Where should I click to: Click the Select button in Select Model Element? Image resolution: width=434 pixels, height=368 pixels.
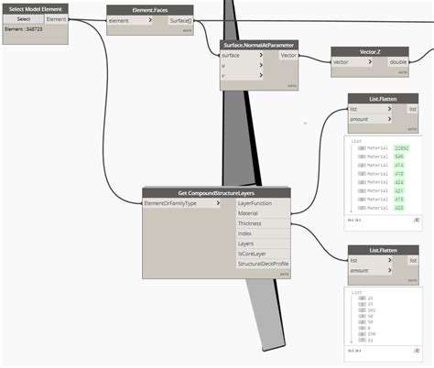click(24, 18)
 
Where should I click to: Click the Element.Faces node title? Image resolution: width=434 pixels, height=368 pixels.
click(149, 8)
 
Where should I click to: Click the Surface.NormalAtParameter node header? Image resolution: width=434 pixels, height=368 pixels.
click(259, 45)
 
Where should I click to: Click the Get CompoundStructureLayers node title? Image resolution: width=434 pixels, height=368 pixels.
click(216, 193)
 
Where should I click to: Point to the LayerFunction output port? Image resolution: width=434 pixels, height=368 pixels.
click(262, 203)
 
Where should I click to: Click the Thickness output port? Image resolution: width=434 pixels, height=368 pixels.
click(262, 223)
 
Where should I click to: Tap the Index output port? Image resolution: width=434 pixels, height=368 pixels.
click(262, 233)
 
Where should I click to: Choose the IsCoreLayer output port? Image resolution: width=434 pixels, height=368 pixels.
click(262, 254)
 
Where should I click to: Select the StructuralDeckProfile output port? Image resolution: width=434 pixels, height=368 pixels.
click(262, 264)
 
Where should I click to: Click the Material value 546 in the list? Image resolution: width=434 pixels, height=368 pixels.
click(399, 157)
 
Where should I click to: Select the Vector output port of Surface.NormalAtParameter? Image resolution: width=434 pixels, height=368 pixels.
click(288, 55)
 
